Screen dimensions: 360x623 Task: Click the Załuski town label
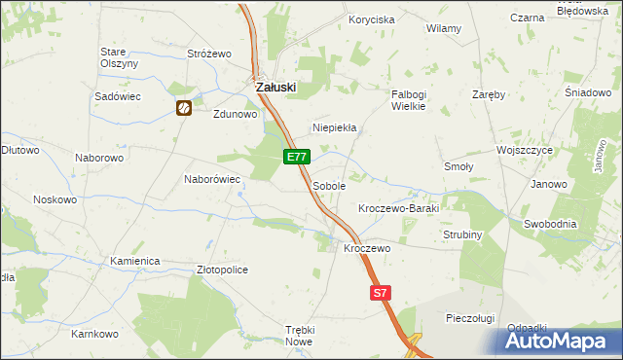[x=275, y=87]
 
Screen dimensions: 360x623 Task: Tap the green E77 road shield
[x=298, y=157]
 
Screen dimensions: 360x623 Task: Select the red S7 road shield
[x=381, y=292]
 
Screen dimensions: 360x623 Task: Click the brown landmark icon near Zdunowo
[x=183, y=108]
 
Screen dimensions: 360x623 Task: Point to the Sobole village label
[x=329, y=185]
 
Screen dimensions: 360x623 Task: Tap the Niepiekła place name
[x=335, y=127]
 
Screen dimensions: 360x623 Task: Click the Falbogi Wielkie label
[x=409, y=100]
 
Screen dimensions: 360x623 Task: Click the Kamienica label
[x=134, y=262]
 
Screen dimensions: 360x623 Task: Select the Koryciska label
[x=371, y=19]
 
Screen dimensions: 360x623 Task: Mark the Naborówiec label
[x=212, y=179]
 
